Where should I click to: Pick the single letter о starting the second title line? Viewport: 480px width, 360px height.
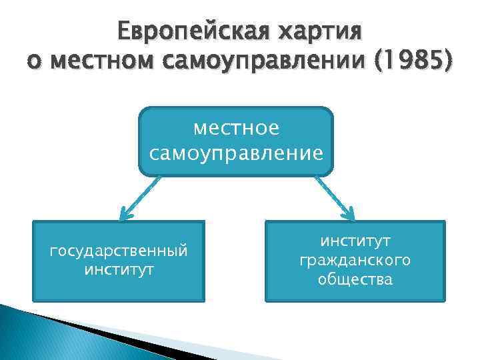pyautogui.click(x=33, y=63)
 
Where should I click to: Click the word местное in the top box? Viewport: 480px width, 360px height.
pyautogui.click(x=236, y=127)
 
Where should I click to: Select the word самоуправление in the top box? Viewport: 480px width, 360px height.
pyautogui.click(x=236, y=154)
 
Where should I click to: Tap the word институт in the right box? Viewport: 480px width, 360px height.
pyautogui.click(x=355, y=239)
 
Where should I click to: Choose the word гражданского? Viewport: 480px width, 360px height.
pyautogui.click(x=355, y=259)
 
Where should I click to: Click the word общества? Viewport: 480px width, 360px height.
pyautogui.click(x=355, y=279)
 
